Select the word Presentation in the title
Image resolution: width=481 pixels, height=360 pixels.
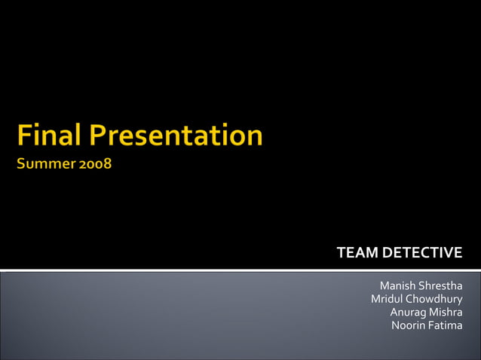[x=177, y=136]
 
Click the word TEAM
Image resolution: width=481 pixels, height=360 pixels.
[x=357, y=252]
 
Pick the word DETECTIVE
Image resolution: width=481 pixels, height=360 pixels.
[x=422, y=252]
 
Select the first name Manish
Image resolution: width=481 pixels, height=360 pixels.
[x=397, y=285]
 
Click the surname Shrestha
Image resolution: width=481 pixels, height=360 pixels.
[x=441, y=285]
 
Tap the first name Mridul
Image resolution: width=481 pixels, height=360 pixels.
[x=387, y=299]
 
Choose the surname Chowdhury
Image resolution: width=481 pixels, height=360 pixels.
[x=434, y=299]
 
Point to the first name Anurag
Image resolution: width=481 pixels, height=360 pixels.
[x=407, y=312]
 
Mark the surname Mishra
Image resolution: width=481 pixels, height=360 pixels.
[x=446, y=312]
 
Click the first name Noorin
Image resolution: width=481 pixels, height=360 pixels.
[x=408, y=325]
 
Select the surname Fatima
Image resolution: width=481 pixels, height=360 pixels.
[x=446, y=325]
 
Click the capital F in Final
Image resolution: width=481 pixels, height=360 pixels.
[x=26, y=136]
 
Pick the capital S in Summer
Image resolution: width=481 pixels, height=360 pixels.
[x=23, y=163]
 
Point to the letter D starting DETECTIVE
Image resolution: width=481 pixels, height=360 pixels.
[x=387, y=252]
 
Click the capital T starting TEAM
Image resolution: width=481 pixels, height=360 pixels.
[x=341, y=252]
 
